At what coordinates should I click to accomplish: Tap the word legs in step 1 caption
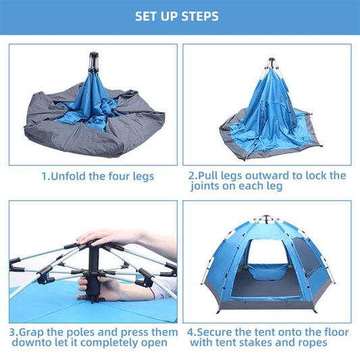pos(140,176)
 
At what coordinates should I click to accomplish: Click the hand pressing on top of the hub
pos(108,236)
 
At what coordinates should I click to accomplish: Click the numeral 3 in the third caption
pos(12,332)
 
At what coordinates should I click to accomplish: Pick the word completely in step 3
pos(101,343)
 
